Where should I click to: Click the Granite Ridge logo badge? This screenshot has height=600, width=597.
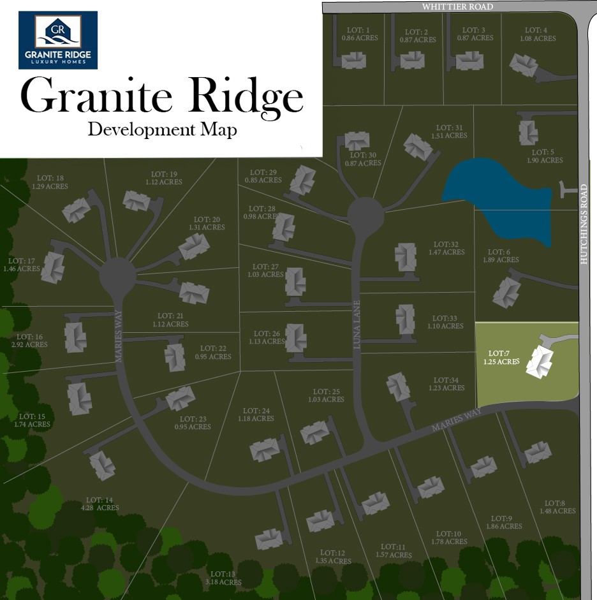[x=58, y=40]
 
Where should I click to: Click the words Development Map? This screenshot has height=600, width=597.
[x=162, y=129]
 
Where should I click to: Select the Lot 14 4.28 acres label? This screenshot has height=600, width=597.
[x=103, y=504]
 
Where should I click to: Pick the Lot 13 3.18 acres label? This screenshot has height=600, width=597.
[x=225, y=578]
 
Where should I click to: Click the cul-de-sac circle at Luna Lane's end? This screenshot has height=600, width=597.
[x=365, y=216]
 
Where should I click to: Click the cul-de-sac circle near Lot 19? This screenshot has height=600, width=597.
[x=118, y=277]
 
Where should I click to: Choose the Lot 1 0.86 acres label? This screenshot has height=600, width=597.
[x=360, y=34]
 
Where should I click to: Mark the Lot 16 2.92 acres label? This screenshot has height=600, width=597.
[x=30, y=340]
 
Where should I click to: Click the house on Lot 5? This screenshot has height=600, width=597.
[x=527, y=132]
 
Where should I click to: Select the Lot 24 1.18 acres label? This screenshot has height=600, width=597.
[x=258, y=414]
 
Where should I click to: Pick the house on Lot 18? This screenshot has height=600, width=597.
[x=76, y=209]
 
